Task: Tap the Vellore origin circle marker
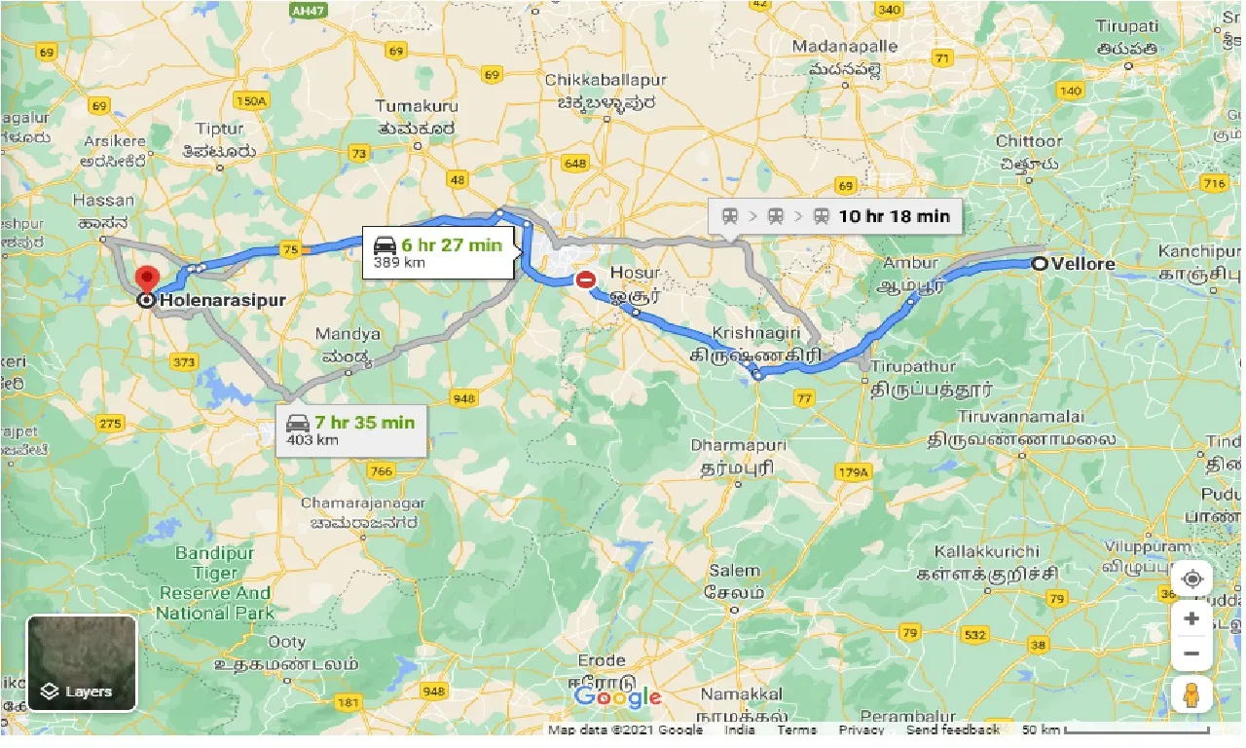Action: [1040, 264]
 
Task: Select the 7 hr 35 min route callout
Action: [349, 430]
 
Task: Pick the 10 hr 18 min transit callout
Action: [835, 216]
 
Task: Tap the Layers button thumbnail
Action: [82, 662]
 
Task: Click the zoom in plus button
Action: [1191, 617]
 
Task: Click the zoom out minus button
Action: [1191, 653]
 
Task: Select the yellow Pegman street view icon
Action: [1191, 695]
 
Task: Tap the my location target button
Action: [1191, 580]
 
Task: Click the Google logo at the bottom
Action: [617, 697]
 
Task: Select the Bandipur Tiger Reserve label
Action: [214, 582]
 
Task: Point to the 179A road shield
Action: [855, 472]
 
